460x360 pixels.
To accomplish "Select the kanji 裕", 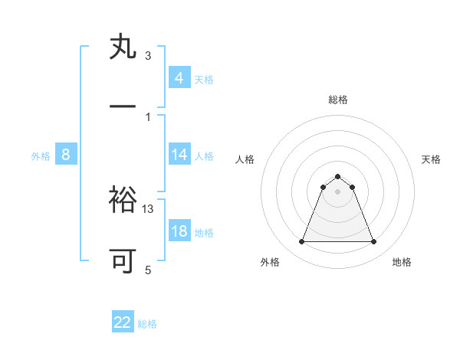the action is (x=123, y=201).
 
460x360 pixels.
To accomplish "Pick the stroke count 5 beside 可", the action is (x=148, y=270).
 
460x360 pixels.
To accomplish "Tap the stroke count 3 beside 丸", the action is (x=148, y=56).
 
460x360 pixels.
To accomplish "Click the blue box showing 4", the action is (x=179, y=78).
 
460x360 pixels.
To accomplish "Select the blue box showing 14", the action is (x=179, y=155).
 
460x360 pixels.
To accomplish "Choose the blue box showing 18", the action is (x=179, y=231).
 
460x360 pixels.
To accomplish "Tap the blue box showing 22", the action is (x=123, y=322).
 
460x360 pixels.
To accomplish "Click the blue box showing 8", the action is (x=66, y=155).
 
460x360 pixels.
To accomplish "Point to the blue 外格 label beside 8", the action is (x=41, y=156).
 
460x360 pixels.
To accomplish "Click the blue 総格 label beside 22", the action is (x=147, y=324).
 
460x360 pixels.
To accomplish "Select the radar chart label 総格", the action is (x=338, y=100).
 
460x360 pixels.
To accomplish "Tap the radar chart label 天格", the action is (x=431, y=159).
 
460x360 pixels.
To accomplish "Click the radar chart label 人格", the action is (x=245, y=159).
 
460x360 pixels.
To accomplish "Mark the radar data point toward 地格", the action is (x=374, y=242).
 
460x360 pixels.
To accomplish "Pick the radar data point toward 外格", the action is (x=301, y=242).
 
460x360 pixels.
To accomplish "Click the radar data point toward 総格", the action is (x=338, y=176).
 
